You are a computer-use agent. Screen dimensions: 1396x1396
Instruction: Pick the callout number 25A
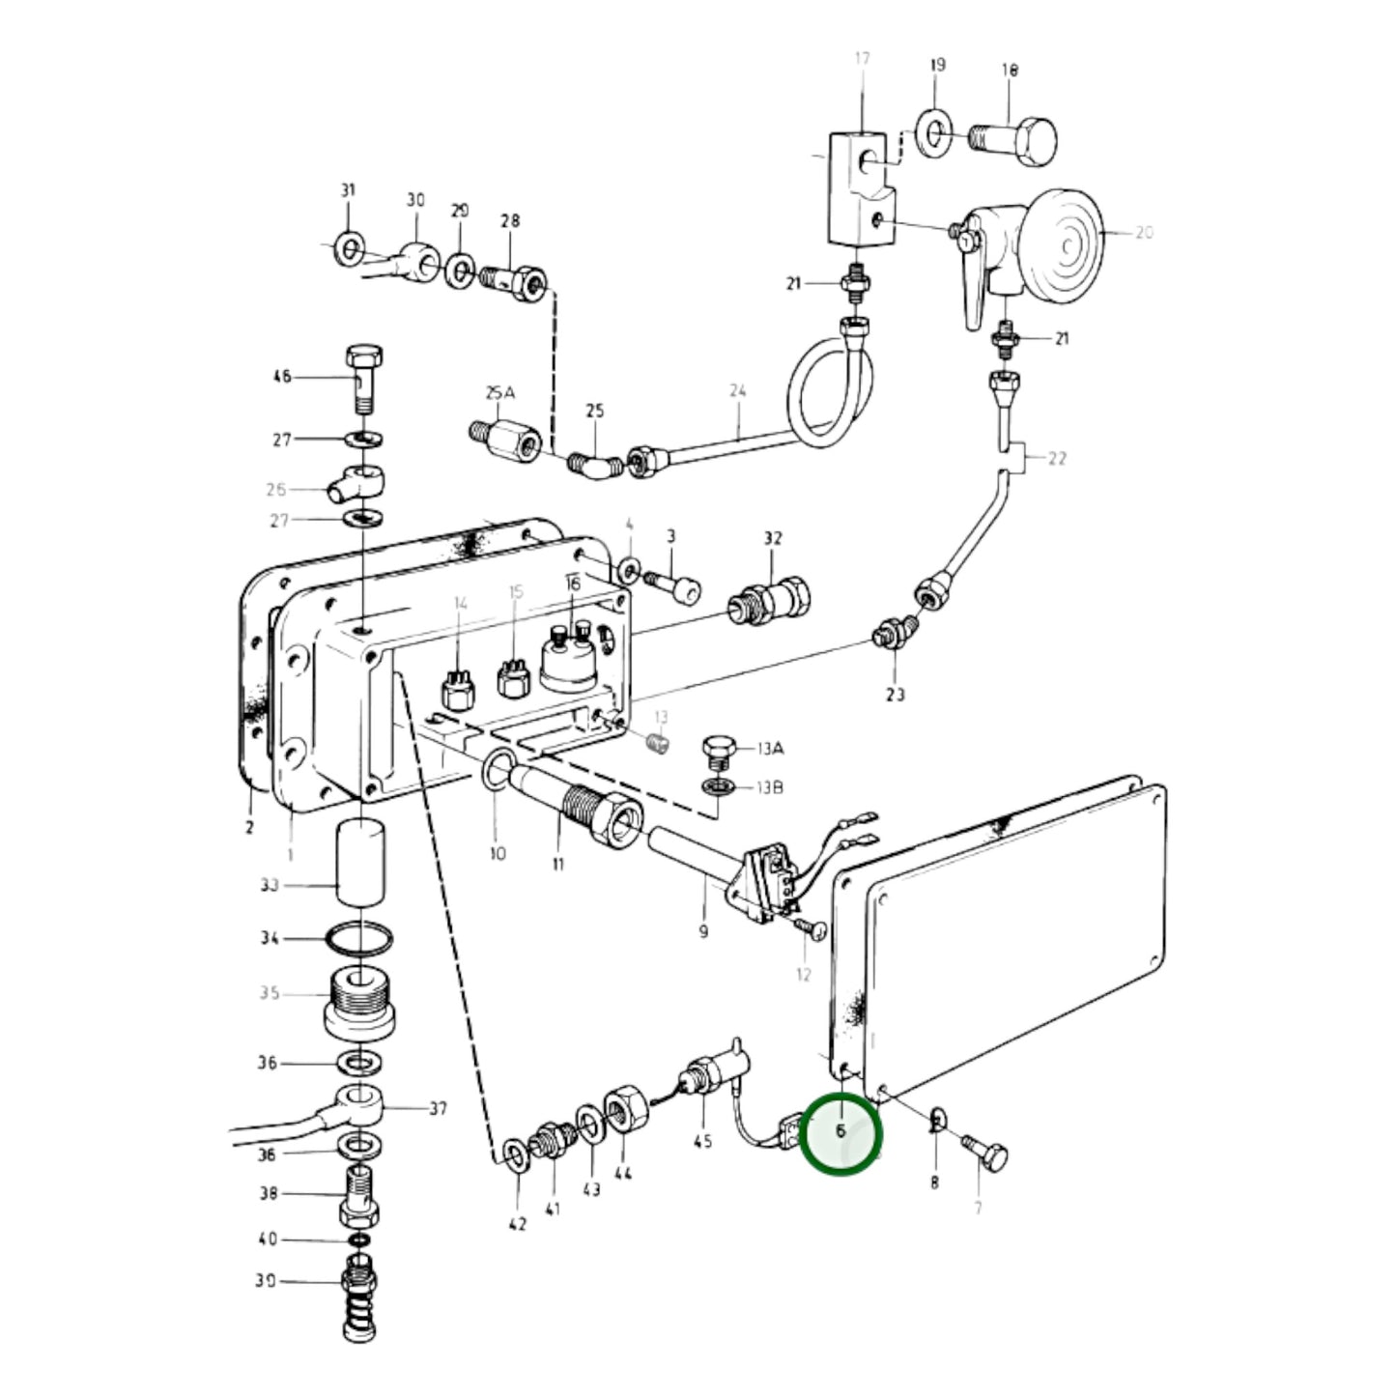pyautogui.click(x=499, y=393)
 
